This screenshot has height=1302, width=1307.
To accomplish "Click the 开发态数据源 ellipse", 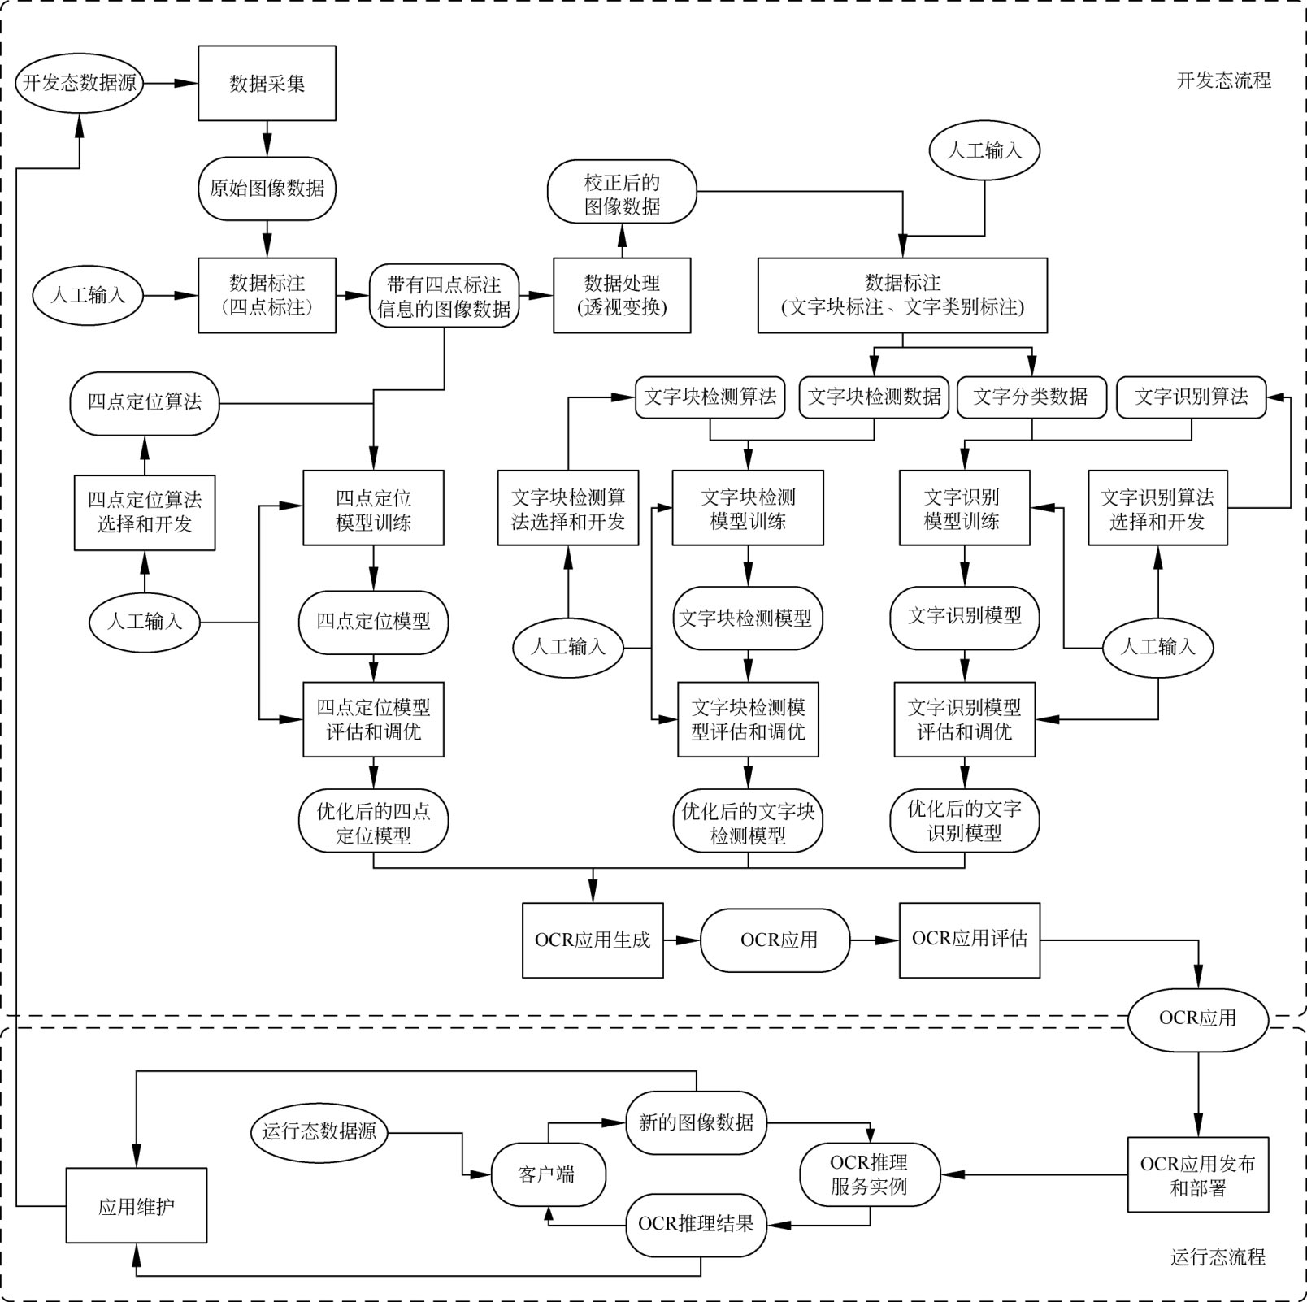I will click(x=80, y=83).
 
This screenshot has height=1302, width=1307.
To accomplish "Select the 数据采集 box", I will click(x=267, y=83).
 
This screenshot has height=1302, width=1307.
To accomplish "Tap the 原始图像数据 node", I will click(x=267, y=189).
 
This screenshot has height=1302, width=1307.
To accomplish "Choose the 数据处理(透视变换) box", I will click(x=622, y=295).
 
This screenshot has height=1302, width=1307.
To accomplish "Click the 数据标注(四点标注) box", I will click(x=267, y=295).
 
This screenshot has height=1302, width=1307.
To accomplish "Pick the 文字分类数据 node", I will click(x=1031, y=397).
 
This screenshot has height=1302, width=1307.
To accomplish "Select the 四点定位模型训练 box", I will click(x=373, y=508).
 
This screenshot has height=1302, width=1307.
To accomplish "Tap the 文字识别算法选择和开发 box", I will click(x=1157, y=508).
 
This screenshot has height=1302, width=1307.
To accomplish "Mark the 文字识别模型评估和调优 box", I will click(x=964, y=719).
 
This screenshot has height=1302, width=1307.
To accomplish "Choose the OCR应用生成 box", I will click(x=593, y=940).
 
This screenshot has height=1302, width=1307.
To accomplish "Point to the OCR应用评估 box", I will click(x=969, y=940).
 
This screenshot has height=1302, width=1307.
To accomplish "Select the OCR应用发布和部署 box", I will click(x=1197, y=1175).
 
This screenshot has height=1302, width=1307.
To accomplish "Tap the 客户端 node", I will click(x=547, y=1175).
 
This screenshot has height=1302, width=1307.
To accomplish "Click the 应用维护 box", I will click(x=136, y=1205).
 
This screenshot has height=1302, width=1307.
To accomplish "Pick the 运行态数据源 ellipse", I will click(x=319, y=1131).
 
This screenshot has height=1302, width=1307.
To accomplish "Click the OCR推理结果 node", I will click(x=696, y=1224).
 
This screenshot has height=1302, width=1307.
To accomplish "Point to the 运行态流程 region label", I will click(x=1217, y=1257).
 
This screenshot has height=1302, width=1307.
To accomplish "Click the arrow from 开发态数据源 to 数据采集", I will click(x=171, y=83).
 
